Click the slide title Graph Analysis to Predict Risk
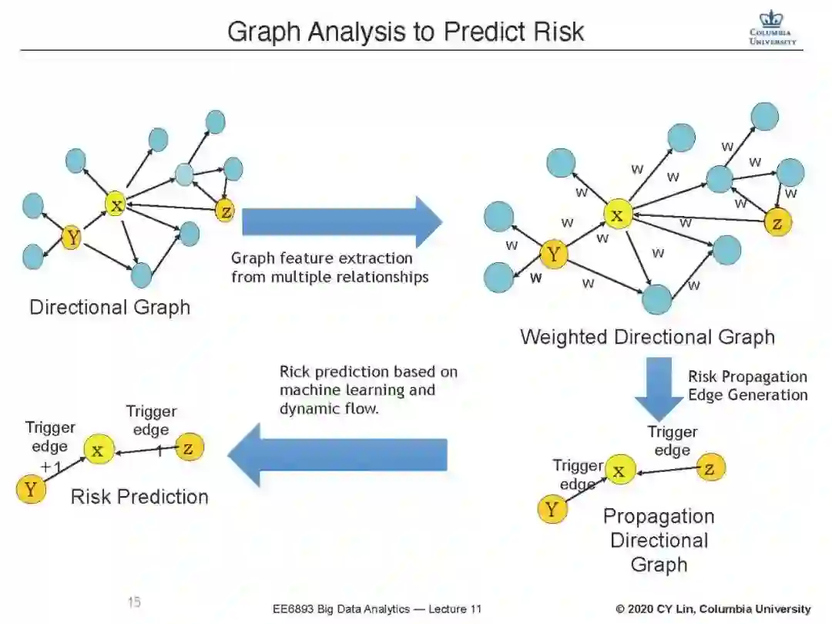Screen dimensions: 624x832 click(405, 32)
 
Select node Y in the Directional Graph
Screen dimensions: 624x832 click(72, 238)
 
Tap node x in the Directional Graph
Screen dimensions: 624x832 click(116, 204)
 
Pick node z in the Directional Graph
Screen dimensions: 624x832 click(224, 211)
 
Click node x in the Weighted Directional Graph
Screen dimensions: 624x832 click(617, 214)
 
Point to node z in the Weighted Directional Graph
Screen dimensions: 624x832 click(777, 223)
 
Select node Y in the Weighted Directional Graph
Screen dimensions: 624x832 click(553, 254)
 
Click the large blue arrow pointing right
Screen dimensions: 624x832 click(342, 222)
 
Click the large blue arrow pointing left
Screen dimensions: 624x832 click(338, 455)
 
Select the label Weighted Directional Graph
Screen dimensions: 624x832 click(647, 337)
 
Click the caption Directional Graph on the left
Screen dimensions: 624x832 click(109, 307)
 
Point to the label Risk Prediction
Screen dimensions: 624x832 click(139, 496)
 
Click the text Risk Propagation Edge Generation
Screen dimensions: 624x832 click(747, 386)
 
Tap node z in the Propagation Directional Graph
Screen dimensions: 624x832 click(710, 467)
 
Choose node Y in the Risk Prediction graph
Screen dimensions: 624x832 click(31, 489)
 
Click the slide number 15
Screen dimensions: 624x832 click(134, 602)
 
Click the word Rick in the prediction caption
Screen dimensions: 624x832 click(295, 372)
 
